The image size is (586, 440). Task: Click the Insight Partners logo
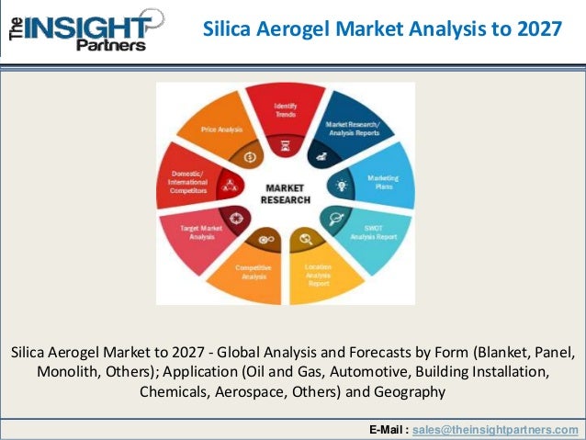click(83, 28)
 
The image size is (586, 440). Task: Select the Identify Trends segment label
click(286, 109)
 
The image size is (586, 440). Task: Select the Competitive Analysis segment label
click(253, 272)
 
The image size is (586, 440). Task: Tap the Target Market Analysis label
click(197, 231)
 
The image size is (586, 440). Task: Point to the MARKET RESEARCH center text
click(286, 194)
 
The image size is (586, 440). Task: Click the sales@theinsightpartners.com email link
click(496, 429)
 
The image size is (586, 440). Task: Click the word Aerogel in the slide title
click(297, 29)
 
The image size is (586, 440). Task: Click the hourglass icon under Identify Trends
click(286, 144)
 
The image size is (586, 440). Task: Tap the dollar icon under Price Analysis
click(251, 157)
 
